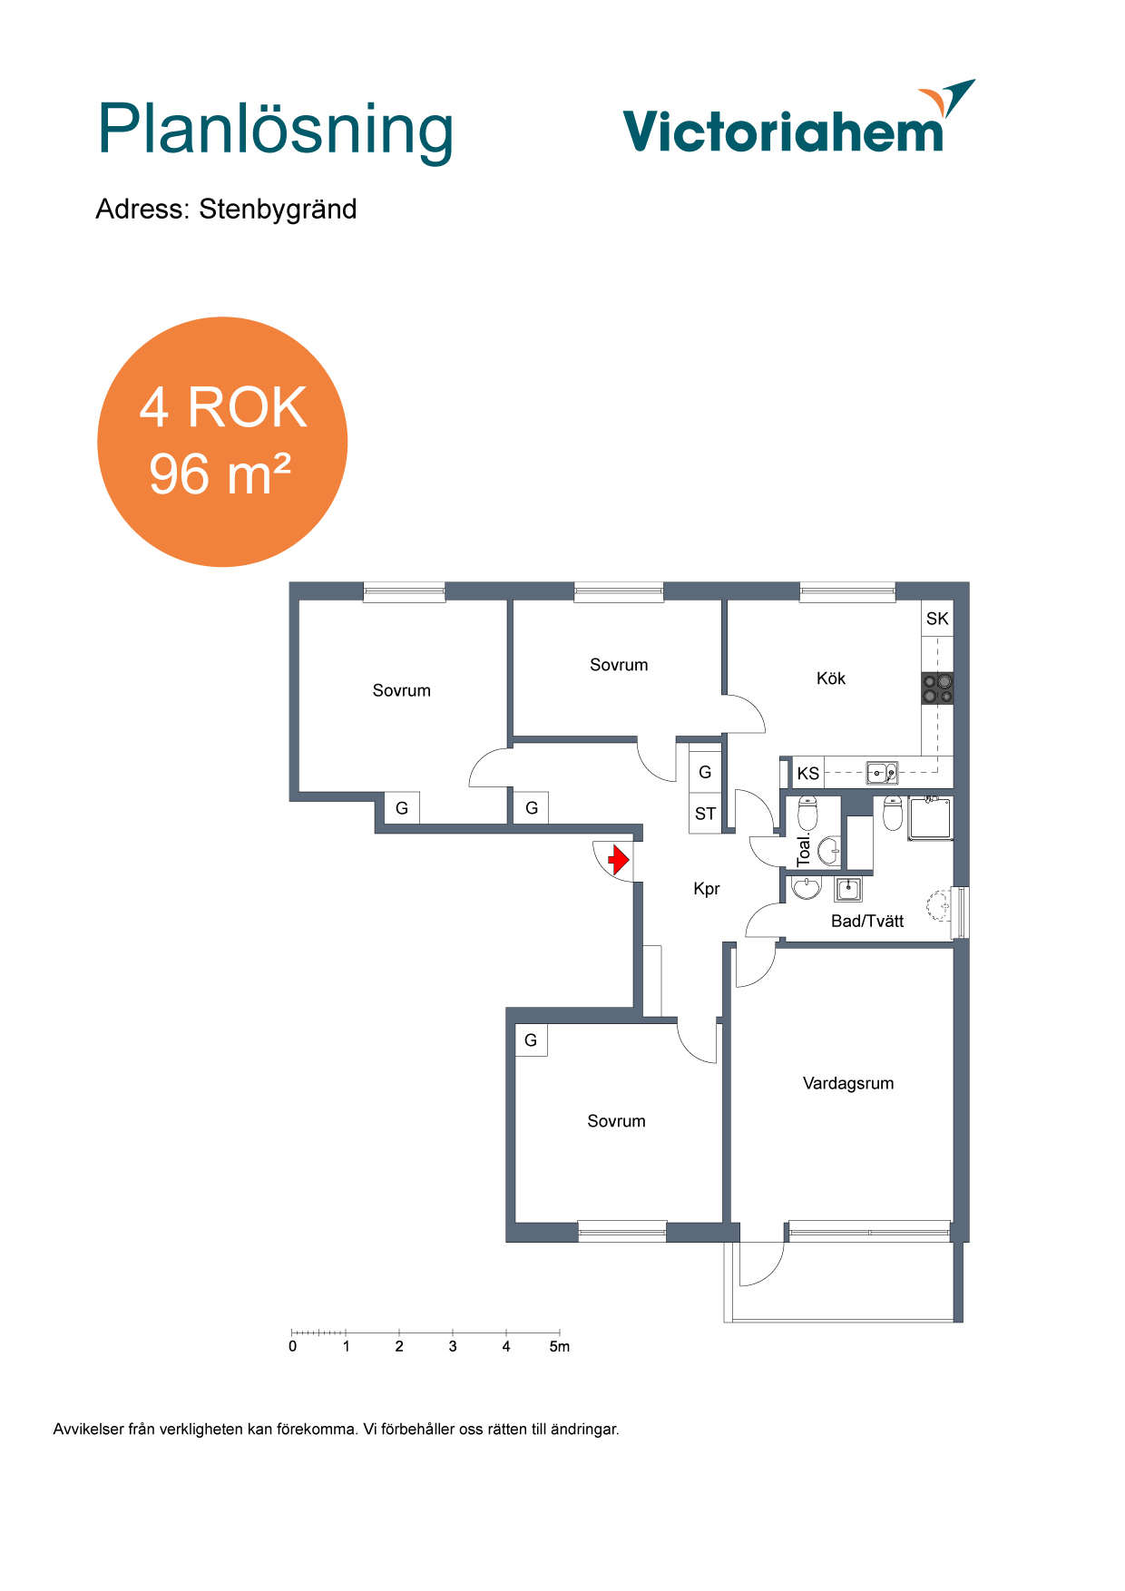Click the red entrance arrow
(x=619, y=859)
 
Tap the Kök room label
(x=830, y=678)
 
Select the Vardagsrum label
(x=848, y=1083)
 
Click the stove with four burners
(x=938, y=688)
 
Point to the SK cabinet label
(x=937, y=619)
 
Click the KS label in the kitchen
(x=807, y=774)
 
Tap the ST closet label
(x=705, y=814)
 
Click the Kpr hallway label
(x=707, y=889)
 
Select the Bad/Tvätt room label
(x=867, y=922)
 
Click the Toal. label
(x=804, y=850)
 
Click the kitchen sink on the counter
(x=882, y=773)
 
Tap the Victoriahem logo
(x=798, y=117)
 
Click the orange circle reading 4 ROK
(x=222, y=442)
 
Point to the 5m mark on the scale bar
(x=560, y=1346)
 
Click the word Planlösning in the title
(x=276, y=132)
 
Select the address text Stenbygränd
(x=278, y=210)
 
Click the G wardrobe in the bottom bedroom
(x=531, y=1040)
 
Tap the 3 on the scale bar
(x=453, y=1346)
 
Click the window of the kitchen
(x=847, y=592)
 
